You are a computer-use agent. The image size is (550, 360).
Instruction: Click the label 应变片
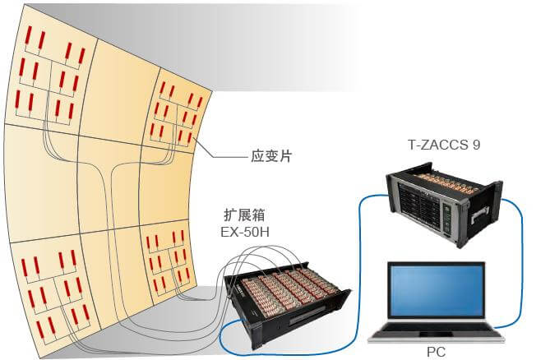(271, 155)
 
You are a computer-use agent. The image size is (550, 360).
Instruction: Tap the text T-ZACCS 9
(443, 145)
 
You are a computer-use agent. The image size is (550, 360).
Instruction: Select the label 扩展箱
(246, 216)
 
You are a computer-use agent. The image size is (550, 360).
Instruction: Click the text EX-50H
(246, 233)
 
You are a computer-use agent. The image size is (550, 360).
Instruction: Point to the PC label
(437, 352)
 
